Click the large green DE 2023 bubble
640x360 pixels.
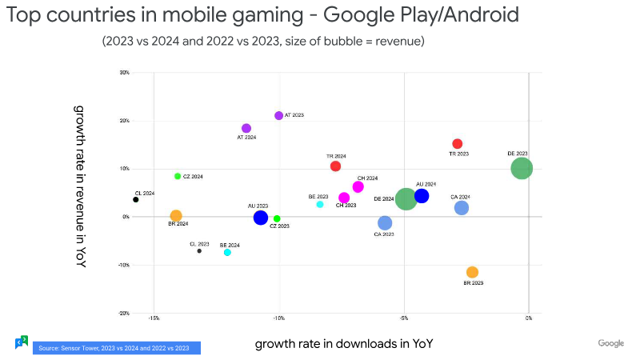(522, 168)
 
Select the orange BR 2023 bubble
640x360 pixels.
(472, 272)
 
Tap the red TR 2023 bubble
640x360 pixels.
(458, 144)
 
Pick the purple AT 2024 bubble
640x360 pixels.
(246, 128)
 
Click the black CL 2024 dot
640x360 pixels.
(136, 199)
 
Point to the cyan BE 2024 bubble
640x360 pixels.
(227, 252)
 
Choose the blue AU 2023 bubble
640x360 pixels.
(260, 218)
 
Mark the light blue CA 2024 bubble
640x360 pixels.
(462, 208)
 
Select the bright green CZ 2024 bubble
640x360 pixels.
(178, 176)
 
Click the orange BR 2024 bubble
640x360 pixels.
(176, 216)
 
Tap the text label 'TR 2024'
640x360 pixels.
(336, 156)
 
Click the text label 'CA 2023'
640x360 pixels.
(384, 234)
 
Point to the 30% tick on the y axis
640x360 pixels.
(124, 73)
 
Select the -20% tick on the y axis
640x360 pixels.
(124, 314)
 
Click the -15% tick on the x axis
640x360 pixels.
(154, 318)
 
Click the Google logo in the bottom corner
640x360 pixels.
(610, 343)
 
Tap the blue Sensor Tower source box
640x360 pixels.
(116, 348)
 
